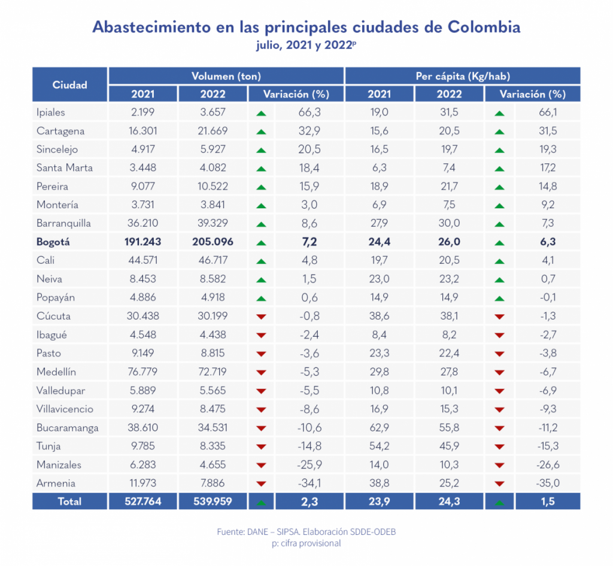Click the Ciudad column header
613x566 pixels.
pyautogui.click(x=70, y=84)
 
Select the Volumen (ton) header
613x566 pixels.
pyautogui.click(x=226, y=76)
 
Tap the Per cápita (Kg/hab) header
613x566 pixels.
pyautogui.click(x=462, y=76)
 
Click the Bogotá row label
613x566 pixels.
pyautogui.click(x=53, y=242)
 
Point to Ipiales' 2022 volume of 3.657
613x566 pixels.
pyautogui.click(x=213, y=112)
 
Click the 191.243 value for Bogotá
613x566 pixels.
pyautogui.click(x=143, y=242)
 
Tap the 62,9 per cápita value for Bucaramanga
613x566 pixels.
pyautogui.click(x=380, y=428)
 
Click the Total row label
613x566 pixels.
pyautogui.click(x=69, y=502)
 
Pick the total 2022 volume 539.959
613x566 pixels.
pyautogui.click(x=213, y=502)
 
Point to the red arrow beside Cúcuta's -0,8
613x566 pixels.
pyautogui.click(x=261, y=317)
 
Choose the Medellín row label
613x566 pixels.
pyautogui.click(x=56, y=372)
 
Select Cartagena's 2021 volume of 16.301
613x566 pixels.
pyautogui.click(x=143, y=130)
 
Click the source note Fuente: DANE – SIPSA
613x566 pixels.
pyautogui.click(x=306, y=531)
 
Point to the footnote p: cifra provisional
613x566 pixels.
pyautogui.click(x=306, y=543)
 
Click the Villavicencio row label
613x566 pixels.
pyautogui.click(x=65, y=409)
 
